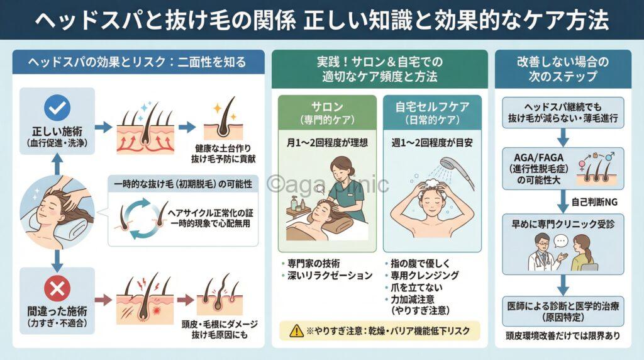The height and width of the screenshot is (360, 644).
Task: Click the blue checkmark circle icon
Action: (x=57, y=107)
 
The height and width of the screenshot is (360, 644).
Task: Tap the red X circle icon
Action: (x=57, y=289)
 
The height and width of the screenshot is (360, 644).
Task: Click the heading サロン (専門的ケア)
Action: (x=326, y=112)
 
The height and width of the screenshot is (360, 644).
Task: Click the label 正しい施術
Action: (x=57, y=132)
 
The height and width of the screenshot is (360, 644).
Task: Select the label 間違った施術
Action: (x=57, y=312)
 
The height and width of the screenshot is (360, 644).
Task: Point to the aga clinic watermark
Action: (x=327, y=184)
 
